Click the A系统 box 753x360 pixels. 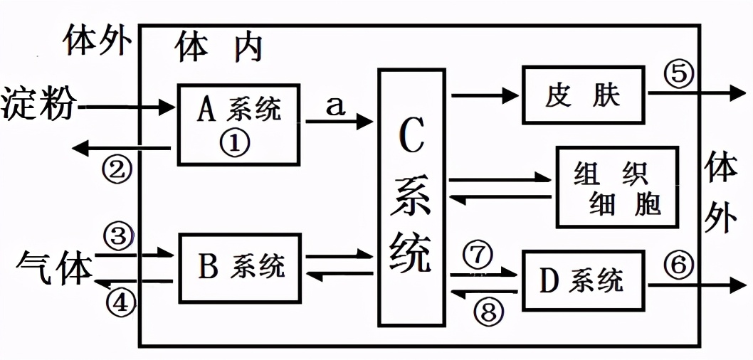coord(238,125)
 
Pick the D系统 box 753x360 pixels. coord(583,281)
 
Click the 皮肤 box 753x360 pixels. coord(583,95)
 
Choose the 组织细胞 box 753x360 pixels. coord(616,187)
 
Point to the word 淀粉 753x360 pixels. coord(38,105)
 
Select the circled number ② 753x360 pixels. coord(117,169)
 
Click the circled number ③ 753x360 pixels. coord(117,234)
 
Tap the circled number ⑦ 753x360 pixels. coord(478,254)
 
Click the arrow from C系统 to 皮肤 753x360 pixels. coord(485,94)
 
